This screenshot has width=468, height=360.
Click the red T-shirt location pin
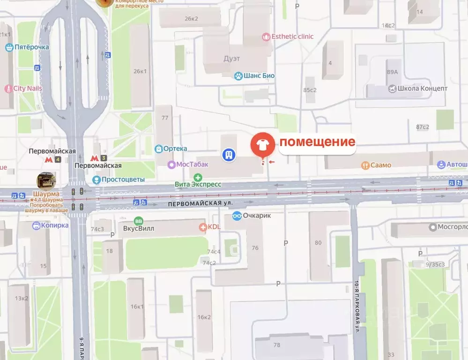pyautogui.click(x=263, y=145)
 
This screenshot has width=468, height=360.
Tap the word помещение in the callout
pyautogui.click(x=318, y=142)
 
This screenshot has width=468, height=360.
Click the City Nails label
pyautogui.click(x=28, y=89)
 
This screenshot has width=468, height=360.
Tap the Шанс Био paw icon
pyautogui.click(x=239, y=75)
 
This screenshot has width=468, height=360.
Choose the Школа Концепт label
pyautogui.click(x=422, y=89)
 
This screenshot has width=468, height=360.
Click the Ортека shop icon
pyautogui.click(x=159, y=149)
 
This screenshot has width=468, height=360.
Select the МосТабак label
pyautogui.click(x=192, y=165)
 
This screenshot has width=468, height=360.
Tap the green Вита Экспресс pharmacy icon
pyautogui.click(x=198, y=177)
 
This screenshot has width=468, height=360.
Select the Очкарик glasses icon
pyautogui.click(x=237, y=216)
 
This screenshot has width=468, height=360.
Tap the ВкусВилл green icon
pyautogui.click(x=139, y=221)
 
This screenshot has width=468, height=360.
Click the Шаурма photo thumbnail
pyautogui.click(x=46, y=180)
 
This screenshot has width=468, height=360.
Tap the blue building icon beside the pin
pyautogui.click(x=229, y=155)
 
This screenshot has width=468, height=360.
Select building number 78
pyautogui.click(x=276, y=345)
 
